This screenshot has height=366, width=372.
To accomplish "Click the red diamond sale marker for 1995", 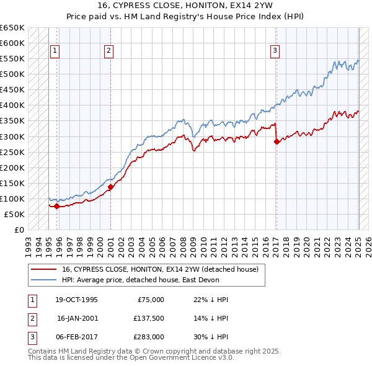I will coord(56,206).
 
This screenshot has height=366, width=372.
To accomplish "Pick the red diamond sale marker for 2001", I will coord(110,187).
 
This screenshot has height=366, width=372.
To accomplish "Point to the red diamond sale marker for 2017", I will coord(277,141).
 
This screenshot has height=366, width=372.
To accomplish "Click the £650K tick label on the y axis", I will coord(12,28).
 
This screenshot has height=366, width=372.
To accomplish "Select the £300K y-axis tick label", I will coord(12,136).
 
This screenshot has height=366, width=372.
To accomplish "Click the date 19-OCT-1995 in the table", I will coord(76,300).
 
